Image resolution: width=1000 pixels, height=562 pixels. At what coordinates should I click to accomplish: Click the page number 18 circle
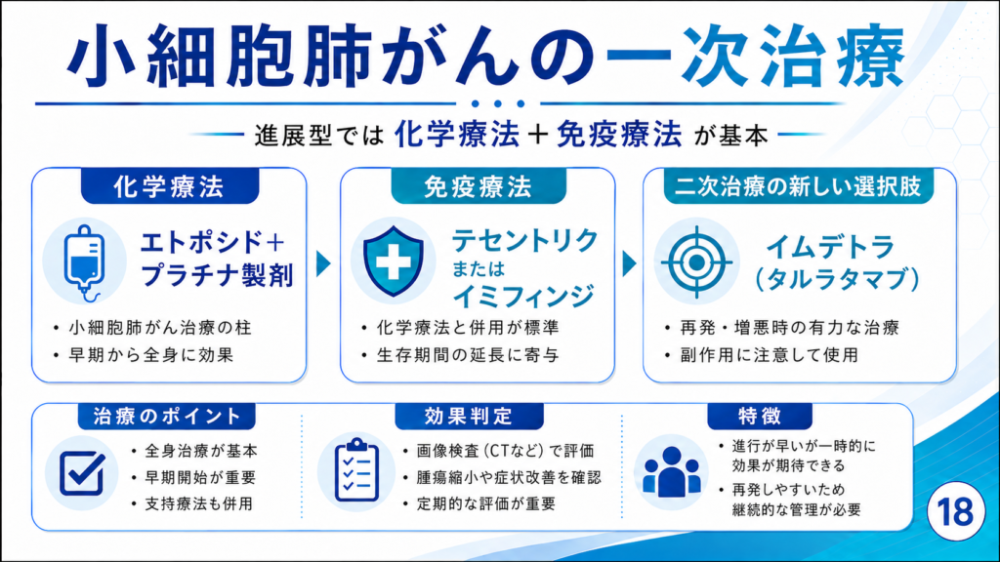pos(955,511)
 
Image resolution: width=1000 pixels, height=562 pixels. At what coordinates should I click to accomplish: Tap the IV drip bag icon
pos(84,262)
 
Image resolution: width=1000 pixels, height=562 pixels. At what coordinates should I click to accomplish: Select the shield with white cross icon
pos(393,261)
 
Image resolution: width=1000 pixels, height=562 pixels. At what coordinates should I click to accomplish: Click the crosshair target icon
pos(696,261)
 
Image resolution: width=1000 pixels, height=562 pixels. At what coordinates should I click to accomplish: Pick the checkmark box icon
pos(82,473)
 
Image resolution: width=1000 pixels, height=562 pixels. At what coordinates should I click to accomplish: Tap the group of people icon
pos(672,472)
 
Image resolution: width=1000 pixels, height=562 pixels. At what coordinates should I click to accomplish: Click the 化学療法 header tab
pos(170,186)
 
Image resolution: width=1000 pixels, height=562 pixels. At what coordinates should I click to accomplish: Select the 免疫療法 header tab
pos(479,186)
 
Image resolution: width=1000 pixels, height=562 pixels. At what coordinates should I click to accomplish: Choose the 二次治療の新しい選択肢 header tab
pos(799,186)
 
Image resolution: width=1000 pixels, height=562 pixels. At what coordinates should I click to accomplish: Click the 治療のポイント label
pos(166,416)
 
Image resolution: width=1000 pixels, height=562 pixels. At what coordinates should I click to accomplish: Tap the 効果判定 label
pos(469,416)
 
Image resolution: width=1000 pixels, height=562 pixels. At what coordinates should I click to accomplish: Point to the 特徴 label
pos(760,416)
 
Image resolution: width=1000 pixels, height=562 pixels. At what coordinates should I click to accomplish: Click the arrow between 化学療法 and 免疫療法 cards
pos(323,262)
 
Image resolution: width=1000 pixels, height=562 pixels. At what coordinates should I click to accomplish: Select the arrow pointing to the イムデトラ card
pos(629,263)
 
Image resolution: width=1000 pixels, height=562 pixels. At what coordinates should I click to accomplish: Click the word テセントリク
pos(524,241)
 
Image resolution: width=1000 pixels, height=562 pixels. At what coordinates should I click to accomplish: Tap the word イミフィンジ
pos(523,296)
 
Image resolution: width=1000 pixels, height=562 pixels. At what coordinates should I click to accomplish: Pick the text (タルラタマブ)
pos(837,279)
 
